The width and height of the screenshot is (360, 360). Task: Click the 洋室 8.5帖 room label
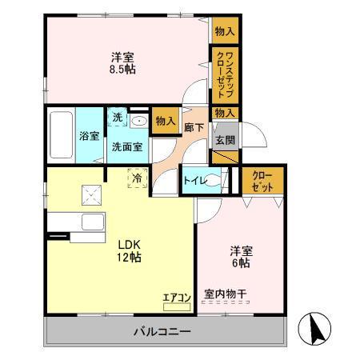(122, 63)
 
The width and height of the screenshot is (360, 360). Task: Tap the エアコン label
(177, 298)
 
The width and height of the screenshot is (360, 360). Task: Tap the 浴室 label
(89, 136)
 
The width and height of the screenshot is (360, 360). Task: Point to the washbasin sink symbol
(139, 122)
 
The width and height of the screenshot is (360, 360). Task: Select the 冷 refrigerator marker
(138, 178)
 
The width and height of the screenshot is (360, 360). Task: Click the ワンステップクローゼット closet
(224, 73)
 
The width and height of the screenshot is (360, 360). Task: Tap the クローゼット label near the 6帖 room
(263, 180)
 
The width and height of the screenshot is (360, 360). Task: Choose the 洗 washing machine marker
(117, 118)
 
